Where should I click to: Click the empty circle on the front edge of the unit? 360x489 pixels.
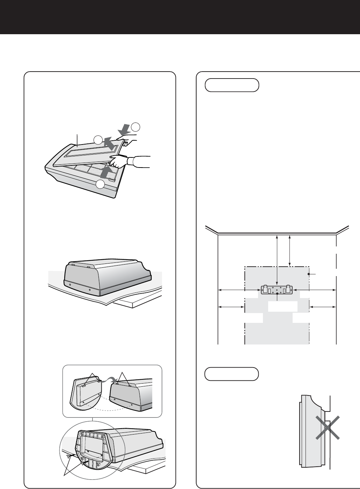click(x=101, y=184)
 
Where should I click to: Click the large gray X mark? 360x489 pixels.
click(x=327, y=427)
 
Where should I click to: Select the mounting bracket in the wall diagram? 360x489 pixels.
click(x=277, y=289)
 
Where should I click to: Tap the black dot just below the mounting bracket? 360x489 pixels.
click(x=277, y=294)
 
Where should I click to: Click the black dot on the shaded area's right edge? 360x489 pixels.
click(x=309, y=274)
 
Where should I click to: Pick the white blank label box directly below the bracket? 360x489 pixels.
click(x=282, y=306)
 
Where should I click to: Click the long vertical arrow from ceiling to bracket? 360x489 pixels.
click(x=277, y=260)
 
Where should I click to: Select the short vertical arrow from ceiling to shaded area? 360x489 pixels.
click(x=290, y=250)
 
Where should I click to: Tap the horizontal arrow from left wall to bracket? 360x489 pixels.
click(x=239, y=290)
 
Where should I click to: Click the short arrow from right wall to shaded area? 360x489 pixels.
click(x=323, y=307)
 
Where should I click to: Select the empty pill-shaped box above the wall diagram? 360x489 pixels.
click(x=232, y=85)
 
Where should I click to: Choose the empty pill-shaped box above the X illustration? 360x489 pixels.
click(x=232, y=374)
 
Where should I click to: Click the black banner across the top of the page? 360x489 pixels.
click(x=180, y=17)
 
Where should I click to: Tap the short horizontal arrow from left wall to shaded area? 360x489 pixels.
click(x=231, y=307)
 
